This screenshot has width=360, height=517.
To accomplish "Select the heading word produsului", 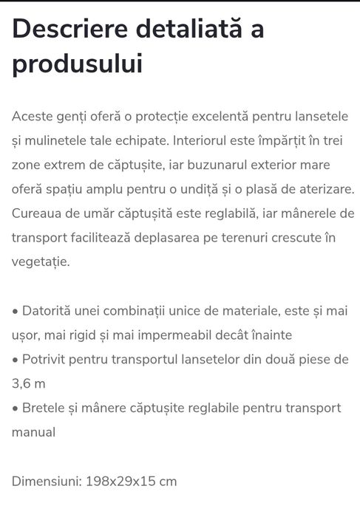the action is pos(77,64).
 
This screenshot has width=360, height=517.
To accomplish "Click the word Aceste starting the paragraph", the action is pos(33,117).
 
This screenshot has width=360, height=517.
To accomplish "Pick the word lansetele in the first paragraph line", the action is pos(323,117).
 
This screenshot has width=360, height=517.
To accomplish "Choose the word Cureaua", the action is pos(37,213).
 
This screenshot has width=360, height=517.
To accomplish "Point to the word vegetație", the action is pos(41,261).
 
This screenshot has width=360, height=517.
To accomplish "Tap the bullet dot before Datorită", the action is pos(15,311).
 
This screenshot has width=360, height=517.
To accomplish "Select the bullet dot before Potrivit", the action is pos(15,360).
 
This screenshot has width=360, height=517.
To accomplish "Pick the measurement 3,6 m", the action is pos(28,384).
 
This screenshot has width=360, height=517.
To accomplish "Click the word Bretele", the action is pos(44,408).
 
